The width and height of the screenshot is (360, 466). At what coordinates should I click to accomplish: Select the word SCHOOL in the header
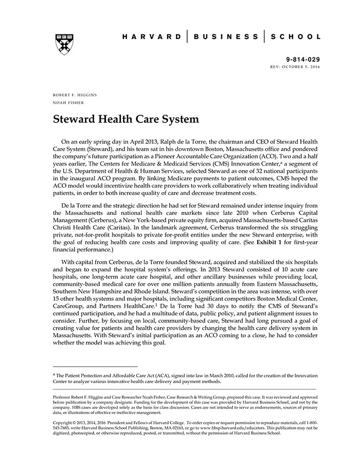click(x=296, y=37)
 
